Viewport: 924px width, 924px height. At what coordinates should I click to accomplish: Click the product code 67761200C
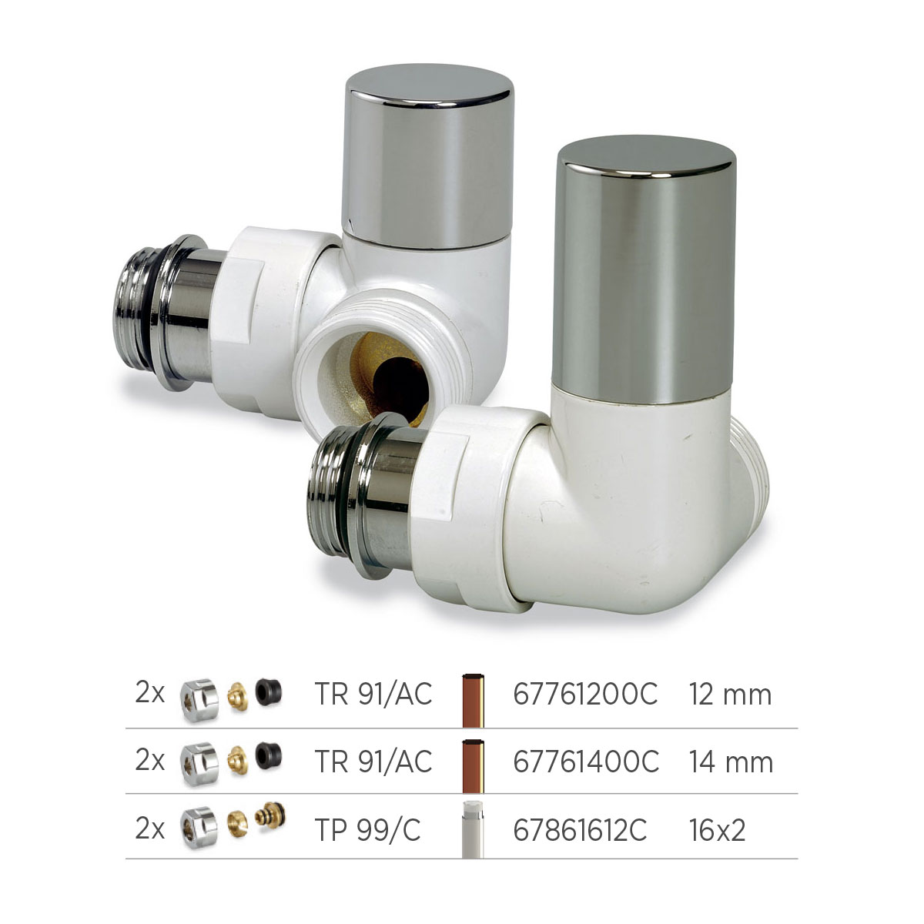(x=585, y=694)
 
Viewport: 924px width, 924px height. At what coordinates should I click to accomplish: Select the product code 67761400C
(x=586, y=761)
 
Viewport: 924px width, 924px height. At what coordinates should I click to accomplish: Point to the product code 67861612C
(x=581, y=830)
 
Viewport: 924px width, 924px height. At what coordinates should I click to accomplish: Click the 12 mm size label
(x=730, y=695)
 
